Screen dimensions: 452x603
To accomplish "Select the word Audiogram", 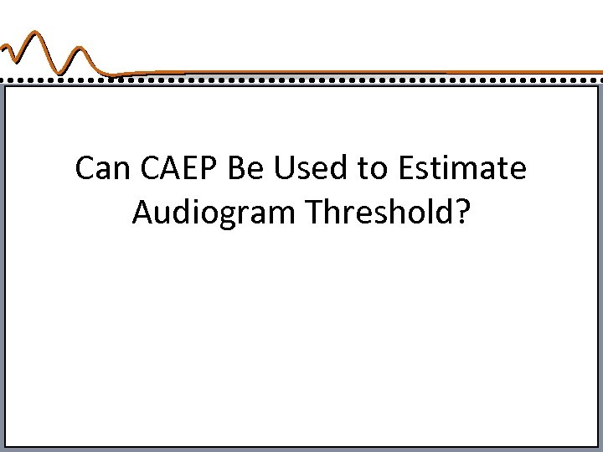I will [x=214, y=213].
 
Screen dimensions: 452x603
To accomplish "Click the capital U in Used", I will [x=280, y=168].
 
